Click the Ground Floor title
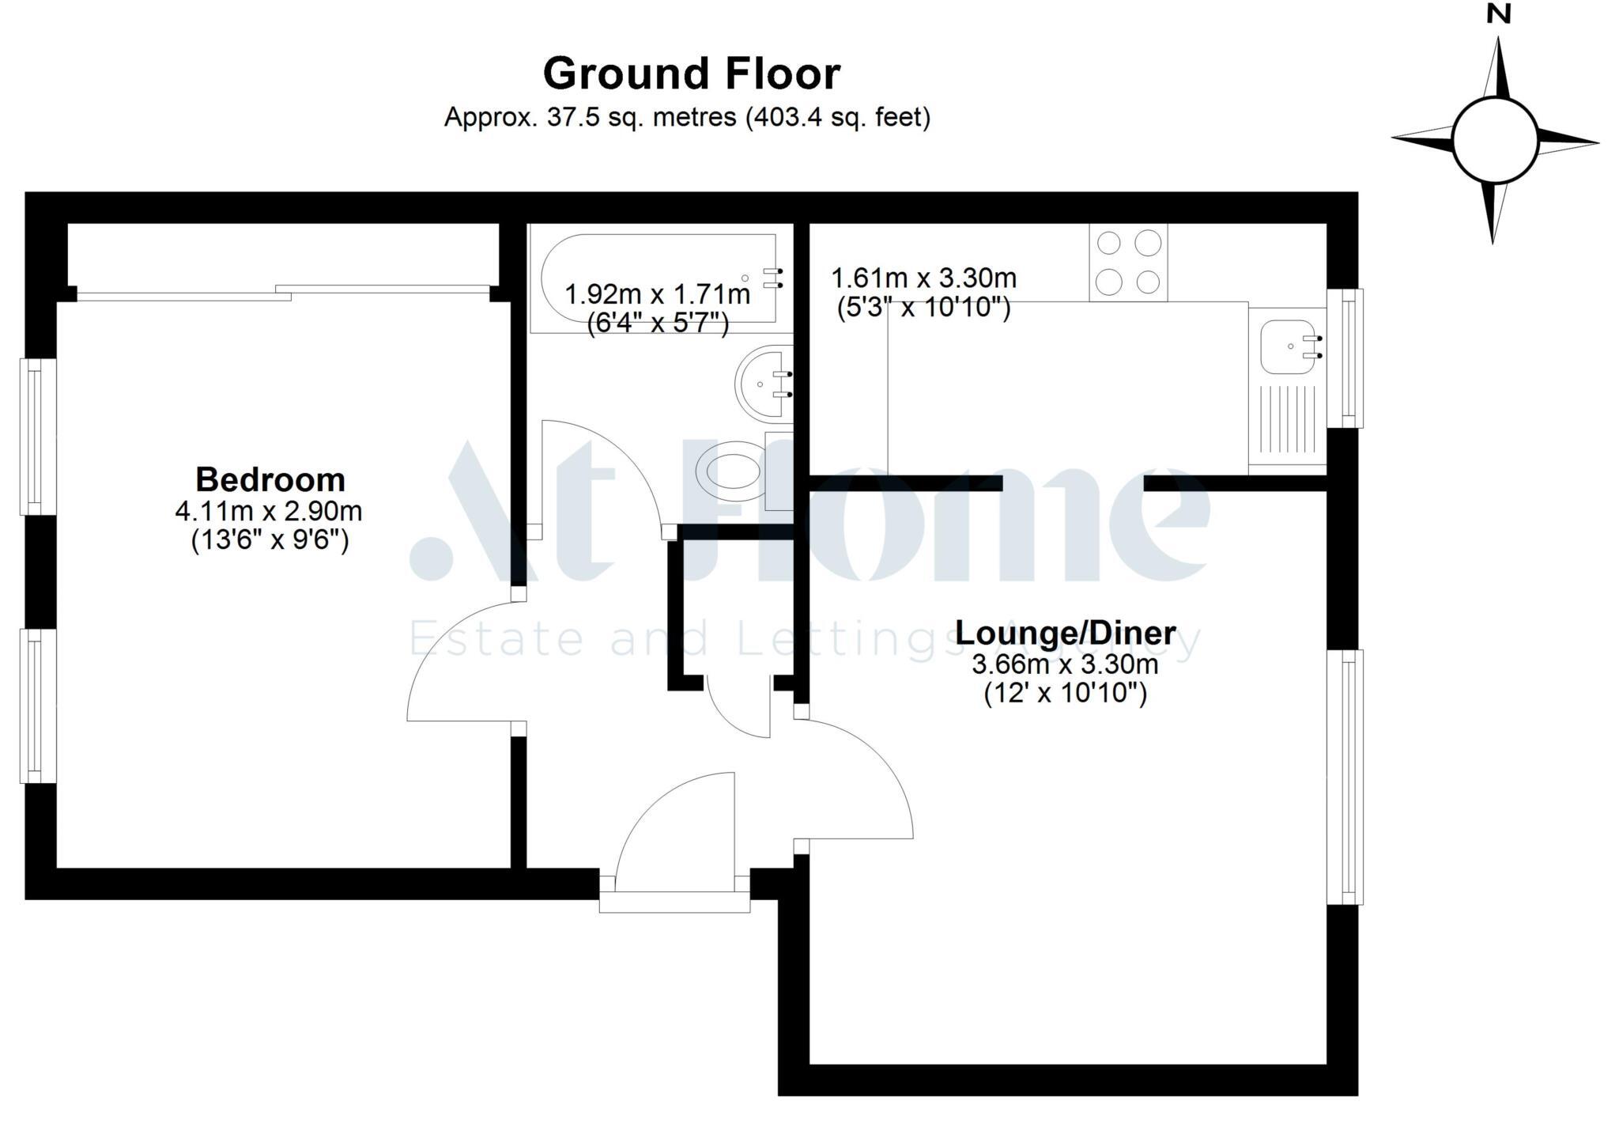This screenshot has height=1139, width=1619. coord(692,74)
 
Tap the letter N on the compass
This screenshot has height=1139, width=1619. coord(1498,14)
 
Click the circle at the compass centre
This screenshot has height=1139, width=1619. coord(1494,142)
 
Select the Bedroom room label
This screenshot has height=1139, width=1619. coord(270,479)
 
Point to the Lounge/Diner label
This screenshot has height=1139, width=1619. coord(1065,633)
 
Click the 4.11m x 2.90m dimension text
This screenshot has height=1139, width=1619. coord(269,511)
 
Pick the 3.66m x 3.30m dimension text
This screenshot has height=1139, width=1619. coord(1065,664)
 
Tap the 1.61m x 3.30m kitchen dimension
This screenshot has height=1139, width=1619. coord(923,278)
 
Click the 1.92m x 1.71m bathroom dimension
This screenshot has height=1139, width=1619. coord(657,295)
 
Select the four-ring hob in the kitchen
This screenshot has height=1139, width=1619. coord(1128,262)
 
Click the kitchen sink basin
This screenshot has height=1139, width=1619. coord(1286,346)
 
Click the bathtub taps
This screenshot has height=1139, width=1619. coord(772,278)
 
